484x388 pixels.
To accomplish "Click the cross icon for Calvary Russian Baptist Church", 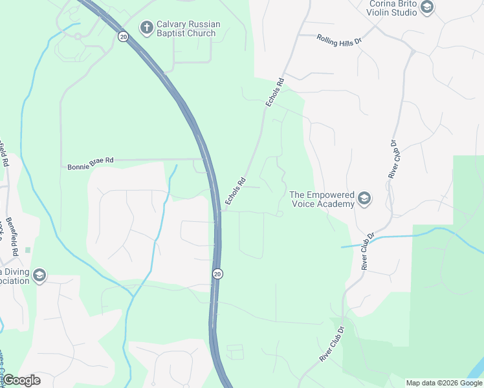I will (x=147, y=28).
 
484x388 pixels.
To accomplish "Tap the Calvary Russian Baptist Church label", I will (x=188, y=28).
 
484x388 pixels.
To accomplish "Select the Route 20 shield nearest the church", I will (x=123, y=37).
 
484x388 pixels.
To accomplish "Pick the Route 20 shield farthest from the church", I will (x=217, y=274).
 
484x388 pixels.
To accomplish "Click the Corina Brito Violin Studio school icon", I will (x=426, y=7).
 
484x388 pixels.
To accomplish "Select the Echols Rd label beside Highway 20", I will (x=236, y=192).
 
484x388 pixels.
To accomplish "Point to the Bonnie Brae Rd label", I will (x=91, y=167).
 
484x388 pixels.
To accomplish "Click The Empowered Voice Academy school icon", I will (x=364, y=199).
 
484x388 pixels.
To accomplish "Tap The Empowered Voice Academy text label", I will (x=322, y=199).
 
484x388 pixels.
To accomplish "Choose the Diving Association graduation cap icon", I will (x=40, y=275).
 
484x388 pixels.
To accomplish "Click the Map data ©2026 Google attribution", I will (x=443, y=383).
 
